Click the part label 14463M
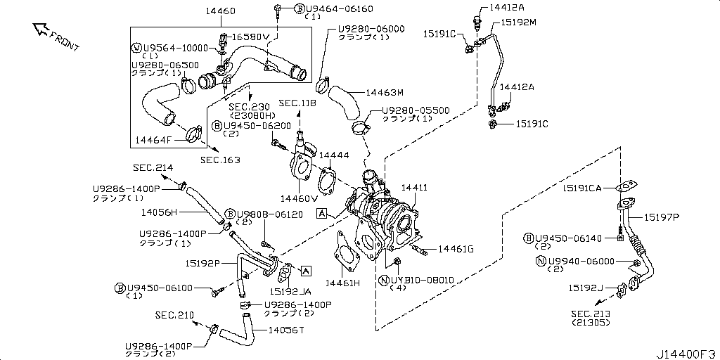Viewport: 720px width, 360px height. click(x=384, y=92)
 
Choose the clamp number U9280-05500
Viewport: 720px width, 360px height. click(x=416, y=110)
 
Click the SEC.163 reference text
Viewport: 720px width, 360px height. click(x=220, y=160)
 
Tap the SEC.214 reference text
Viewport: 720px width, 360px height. click(x=153, y=168)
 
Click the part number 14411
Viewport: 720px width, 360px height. click(x=414, y=188)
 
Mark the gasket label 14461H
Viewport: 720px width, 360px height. click(x=342, y=283)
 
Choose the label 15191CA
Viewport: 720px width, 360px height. click(x=581, y=188)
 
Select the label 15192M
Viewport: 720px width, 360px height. click(x=518, y=22)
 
